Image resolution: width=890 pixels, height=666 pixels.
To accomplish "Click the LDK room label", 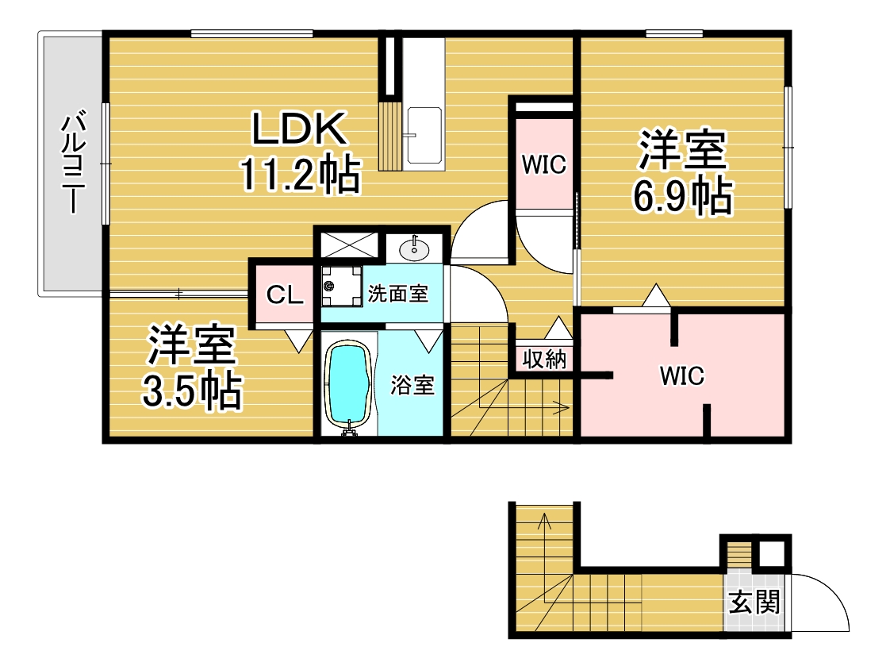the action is pos(299,129).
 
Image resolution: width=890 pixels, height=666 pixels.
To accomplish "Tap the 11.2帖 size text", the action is pos(301,174).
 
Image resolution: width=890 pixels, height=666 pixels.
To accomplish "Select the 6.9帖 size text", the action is pos(683,196).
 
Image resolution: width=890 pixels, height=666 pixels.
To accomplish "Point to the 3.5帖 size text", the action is pos(192,391).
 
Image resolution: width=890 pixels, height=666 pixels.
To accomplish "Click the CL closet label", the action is pos(284,295).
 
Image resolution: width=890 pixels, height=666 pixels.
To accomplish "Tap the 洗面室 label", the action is pos(398,294).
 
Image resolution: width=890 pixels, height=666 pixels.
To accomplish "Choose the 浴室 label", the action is pos(412,385).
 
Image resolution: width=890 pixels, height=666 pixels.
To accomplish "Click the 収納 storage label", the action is pos(544,359).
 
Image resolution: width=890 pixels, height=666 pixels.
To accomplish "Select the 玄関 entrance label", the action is pos(754,602).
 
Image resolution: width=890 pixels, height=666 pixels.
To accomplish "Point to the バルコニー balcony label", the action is pos(74,164).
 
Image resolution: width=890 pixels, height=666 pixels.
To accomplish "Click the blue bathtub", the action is pos(348,385).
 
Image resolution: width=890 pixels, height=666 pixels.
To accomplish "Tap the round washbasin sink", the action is pos(414,248).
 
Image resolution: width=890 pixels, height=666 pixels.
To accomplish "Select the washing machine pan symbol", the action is pos(342,286).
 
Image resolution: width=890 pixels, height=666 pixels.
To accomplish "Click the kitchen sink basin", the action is pos(424,135).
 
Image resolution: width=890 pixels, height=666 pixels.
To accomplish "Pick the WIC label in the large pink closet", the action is pos(681,376).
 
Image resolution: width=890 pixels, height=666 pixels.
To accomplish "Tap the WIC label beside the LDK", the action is pos(544,164).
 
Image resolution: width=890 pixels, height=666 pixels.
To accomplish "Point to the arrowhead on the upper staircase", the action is pos(564,406).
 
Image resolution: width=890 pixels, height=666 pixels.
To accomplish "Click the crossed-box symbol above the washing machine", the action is pos(349,245).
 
